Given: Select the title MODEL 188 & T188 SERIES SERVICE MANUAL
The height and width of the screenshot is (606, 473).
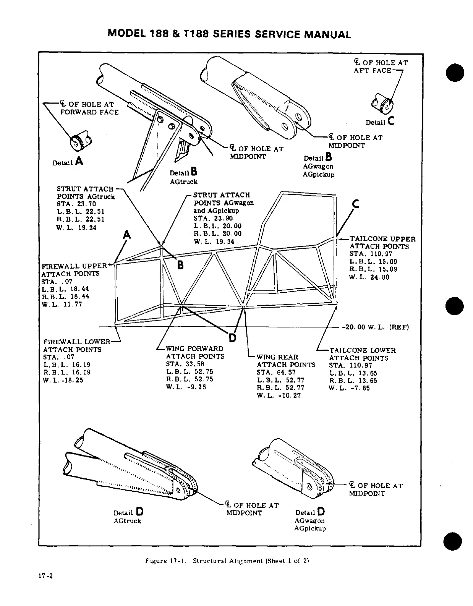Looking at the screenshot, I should pyautogui.click(x=229, y=34).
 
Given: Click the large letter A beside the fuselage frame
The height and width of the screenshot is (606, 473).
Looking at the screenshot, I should pyautogui.click(x=126, y=235).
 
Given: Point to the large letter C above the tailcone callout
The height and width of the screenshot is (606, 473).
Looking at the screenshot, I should pyautogui.click(x=356, y=204).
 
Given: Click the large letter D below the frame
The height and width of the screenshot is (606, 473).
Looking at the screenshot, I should pyautogui.click(x=233, y=338).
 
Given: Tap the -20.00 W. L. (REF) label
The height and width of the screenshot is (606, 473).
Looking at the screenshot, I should pyautogui.click(x=375, y=327).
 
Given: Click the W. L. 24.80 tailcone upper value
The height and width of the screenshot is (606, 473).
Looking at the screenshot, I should pyautogui.click(x=369, y=277).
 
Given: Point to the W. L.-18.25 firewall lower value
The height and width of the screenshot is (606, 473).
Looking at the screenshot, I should pyautogui.click(x=63, y=380).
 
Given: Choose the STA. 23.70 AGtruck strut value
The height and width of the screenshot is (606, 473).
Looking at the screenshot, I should pyautogui.click(x=76, y=204).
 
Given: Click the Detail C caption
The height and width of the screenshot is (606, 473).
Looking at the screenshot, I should pyautogui.click(x=379, y=122).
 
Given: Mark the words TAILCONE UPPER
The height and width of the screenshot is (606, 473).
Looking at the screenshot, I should pyautogui.click(x=382, y=239).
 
